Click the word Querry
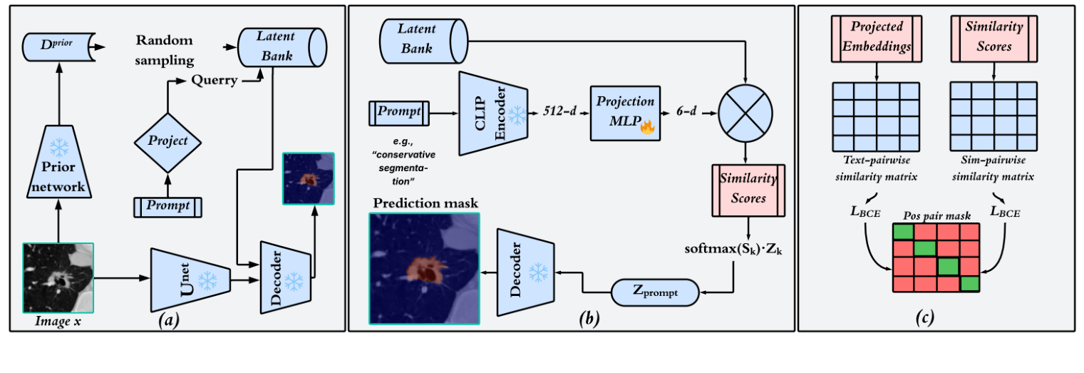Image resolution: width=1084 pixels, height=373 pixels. pyautogui.click(x=214, y=80)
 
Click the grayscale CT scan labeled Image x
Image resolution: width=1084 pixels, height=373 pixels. pyautogui.click(x=58, y=277)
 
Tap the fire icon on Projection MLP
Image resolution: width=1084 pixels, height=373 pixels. pyautogui.click(x=647, y=128)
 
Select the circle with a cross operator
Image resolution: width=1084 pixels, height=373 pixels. pyautogui.click(x=745, y=114)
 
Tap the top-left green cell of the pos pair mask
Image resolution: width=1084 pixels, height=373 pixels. pyautogui.click(x=904, y=232)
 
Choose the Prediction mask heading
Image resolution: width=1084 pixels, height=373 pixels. pyautogui.click(x=424, y=204)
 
